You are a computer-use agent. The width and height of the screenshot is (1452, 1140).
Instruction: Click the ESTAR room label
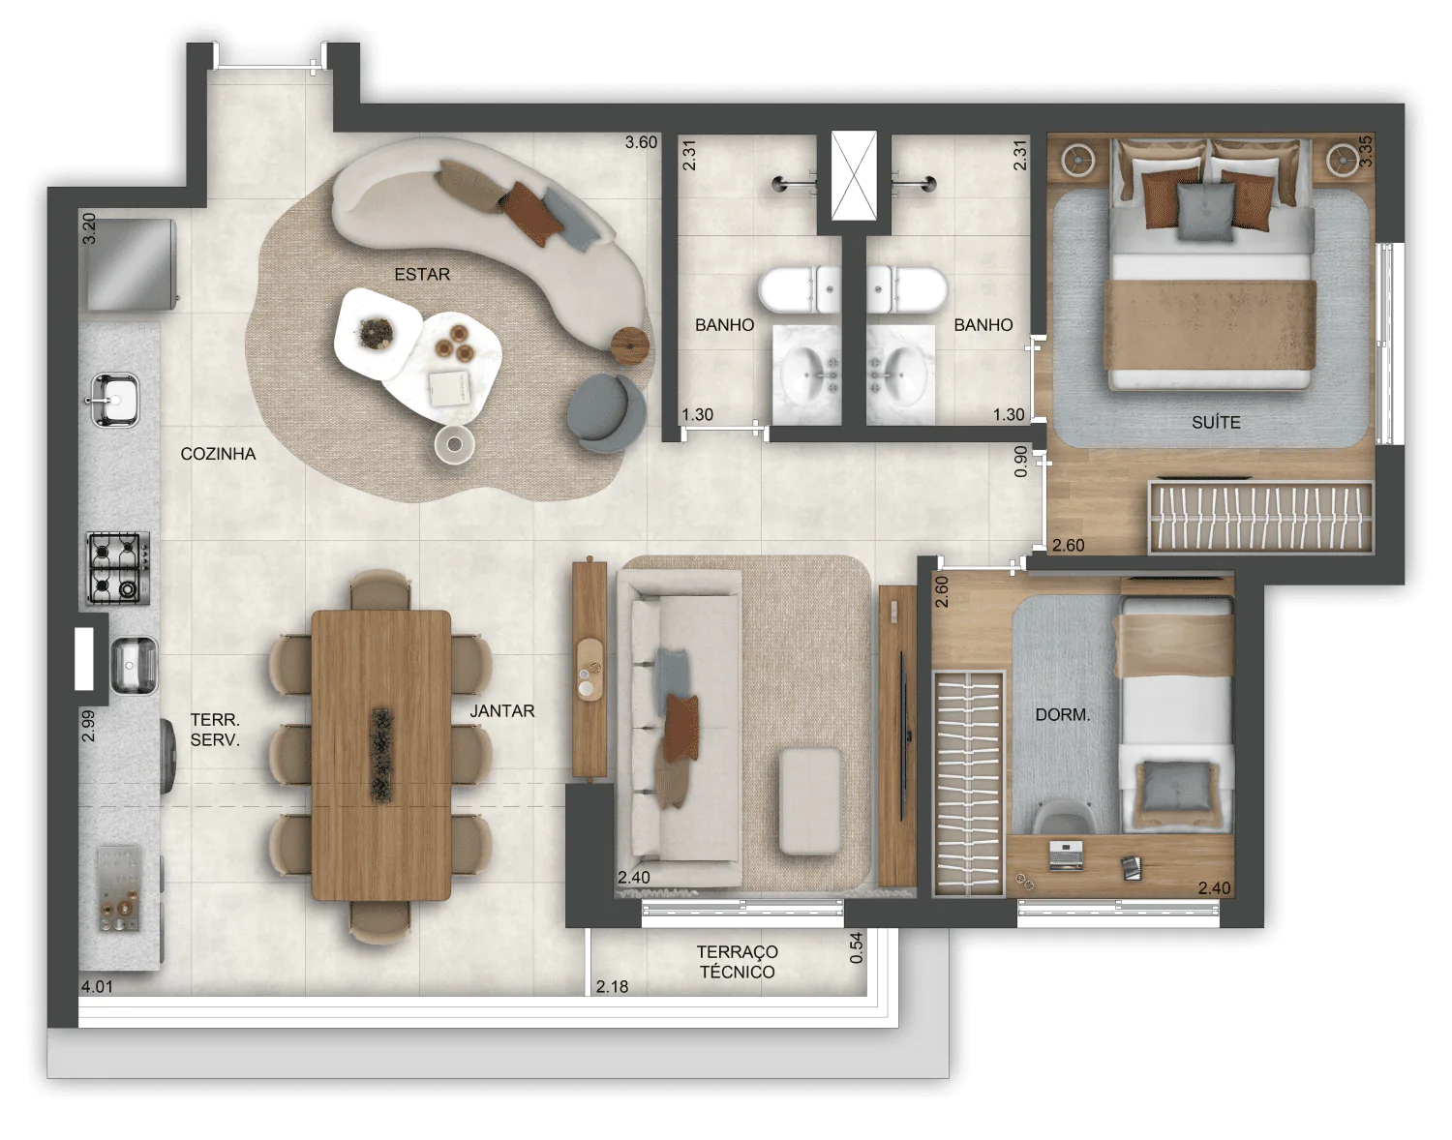tap(422, 274)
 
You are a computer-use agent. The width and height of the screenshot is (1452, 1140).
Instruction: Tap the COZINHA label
tap(218, 454)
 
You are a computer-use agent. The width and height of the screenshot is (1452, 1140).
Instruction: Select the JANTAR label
tap(501, 711)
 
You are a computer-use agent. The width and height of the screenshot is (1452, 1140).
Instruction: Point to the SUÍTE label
tap(1216, 422)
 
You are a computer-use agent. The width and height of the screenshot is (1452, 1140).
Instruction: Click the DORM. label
tap(1062, 714)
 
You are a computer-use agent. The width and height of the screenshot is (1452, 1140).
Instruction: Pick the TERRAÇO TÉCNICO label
tap(737, 962)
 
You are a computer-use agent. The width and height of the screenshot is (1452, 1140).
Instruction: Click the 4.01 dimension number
tap(97, 986)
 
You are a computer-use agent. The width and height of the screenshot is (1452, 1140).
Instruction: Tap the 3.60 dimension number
tap(641, 142)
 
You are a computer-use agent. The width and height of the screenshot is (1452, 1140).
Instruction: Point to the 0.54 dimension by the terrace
tap(856, 947)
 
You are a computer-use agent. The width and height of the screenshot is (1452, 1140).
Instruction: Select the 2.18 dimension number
tap(612, 986)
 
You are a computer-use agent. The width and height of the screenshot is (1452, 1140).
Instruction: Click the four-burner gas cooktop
tap(118, 568)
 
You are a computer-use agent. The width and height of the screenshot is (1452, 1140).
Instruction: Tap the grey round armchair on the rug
tap(605, 412)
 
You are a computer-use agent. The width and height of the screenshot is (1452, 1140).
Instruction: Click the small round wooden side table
tap(630, 345)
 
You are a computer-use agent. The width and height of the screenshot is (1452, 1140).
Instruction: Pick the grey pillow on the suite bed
tap(1205, 212)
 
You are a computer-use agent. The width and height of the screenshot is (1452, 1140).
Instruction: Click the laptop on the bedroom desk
tap(1065, 855)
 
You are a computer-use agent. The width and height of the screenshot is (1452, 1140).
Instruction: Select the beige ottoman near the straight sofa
tap(810, 800)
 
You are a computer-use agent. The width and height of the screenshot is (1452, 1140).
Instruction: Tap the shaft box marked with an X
tap(854, 175)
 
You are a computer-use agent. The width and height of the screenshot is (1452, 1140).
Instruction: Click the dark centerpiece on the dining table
tap(381, 755)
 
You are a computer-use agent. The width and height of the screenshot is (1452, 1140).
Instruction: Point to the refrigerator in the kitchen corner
tap(130, 265)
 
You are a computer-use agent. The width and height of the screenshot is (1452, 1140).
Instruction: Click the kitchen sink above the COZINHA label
tap(115, 400)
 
